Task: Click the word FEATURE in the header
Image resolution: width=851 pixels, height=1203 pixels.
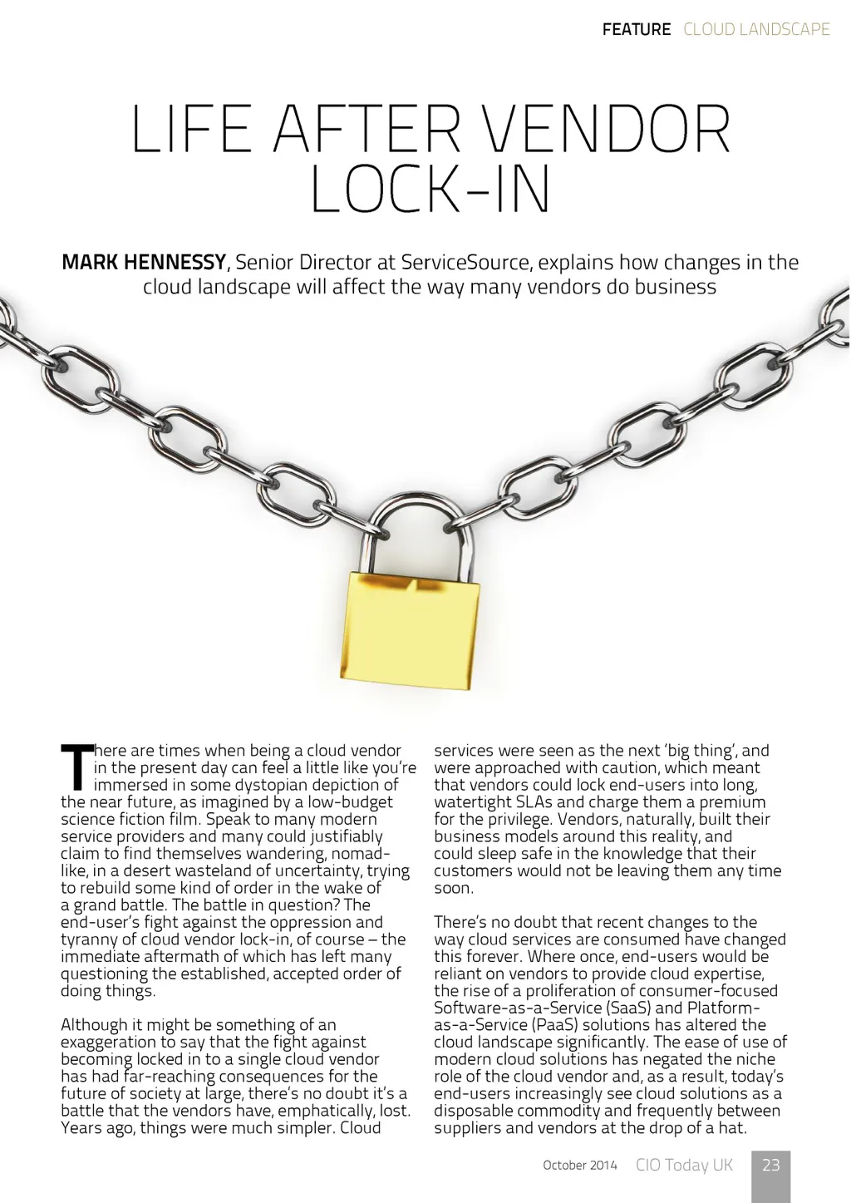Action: pyautogui.click(x=636, y=29)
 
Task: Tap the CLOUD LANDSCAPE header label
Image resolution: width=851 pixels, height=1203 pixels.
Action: pyautogui.click(x=756, y=29)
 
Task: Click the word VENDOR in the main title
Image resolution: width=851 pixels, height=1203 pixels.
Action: pyautogui.click(x=606, y=131)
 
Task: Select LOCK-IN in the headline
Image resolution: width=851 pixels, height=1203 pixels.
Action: pyautogui.click(x=430, y=190)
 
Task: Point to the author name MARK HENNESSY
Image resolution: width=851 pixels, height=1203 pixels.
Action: pyautogui.click(x=143, y=263)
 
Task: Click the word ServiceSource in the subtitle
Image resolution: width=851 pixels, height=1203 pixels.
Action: pyautogui.click(x=465, y=263)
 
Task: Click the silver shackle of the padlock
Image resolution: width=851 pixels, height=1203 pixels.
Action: pyautogui.click(x=420, y=524)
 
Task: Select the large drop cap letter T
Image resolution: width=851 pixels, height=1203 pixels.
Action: pyautogui.click(x=76, y=767)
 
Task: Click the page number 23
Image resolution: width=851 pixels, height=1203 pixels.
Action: pyautogui.click(x=771, y=1165)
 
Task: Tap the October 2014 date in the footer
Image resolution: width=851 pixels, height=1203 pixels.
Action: pyautogui.click(x=580, y=1166)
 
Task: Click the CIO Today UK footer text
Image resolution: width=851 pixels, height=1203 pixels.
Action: pyautogui.click(x=684, y=1165)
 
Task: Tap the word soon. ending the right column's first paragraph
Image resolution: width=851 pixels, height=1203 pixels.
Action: pyautogui.click(x=454, y=888)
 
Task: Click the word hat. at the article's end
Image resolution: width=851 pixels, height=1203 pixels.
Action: pyautogui.click(x=733, y=1128)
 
